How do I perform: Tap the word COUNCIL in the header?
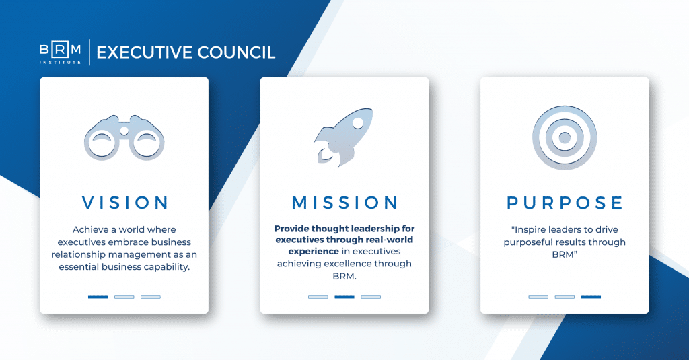236,52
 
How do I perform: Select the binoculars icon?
124,138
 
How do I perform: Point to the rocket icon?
343,137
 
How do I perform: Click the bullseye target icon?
565,137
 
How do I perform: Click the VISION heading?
125,203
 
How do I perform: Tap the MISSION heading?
345,203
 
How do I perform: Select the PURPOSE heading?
565,203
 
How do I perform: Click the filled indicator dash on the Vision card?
98,297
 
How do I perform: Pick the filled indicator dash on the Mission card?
344,297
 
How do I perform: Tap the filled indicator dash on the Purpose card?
591,297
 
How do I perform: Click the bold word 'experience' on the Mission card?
314,252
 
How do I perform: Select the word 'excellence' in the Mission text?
347,264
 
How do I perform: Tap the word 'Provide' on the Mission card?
291,229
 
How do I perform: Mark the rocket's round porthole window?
358,122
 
